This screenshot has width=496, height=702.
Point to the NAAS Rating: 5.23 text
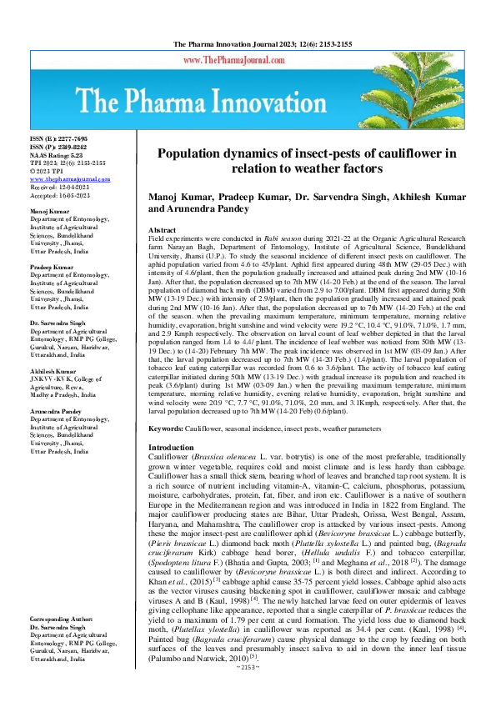[x=57, y=154]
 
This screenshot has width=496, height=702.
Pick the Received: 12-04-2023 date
[x=59, y=188]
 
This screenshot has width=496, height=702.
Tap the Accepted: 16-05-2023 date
[x=59, y=196]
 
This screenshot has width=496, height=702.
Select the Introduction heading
[x=170, y=448]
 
